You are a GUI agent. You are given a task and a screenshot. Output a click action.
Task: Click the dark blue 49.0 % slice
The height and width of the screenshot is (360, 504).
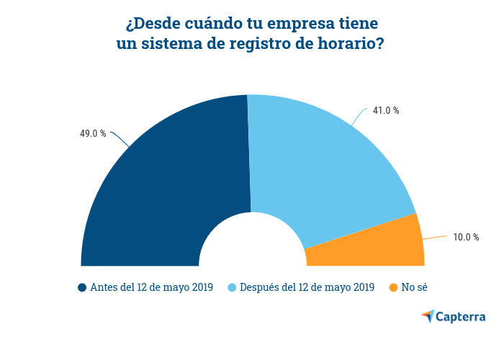(x=166, y=187)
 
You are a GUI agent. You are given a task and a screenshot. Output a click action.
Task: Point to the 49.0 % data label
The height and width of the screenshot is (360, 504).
(x=93, y=133)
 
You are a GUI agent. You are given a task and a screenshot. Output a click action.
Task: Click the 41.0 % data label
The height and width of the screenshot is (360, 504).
(x=386, y=110)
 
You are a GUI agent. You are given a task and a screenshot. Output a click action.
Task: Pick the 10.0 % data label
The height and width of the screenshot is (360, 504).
(x=466, y=237)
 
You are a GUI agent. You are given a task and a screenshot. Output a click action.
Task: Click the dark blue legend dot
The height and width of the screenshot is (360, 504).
(x=82, y=288)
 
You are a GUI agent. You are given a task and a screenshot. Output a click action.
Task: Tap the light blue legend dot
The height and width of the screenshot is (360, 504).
(x=232, y=288)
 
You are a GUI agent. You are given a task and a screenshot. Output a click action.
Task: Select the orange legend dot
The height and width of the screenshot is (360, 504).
(x=393, y=288)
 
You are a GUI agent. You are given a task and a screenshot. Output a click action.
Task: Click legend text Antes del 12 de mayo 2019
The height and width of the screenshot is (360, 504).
(x=151, y=288)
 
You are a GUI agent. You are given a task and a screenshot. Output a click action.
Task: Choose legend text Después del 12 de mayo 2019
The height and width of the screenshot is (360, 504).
(x=307, y=288)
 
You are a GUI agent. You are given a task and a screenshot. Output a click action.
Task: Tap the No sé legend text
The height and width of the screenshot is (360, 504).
(x=415, y=288)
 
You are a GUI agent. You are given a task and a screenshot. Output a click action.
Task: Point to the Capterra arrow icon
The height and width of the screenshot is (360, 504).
(x=428, y=316)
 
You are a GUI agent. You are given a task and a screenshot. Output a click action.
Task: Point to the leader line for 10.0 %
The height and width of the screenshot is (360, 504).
(x=436, y=237)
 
